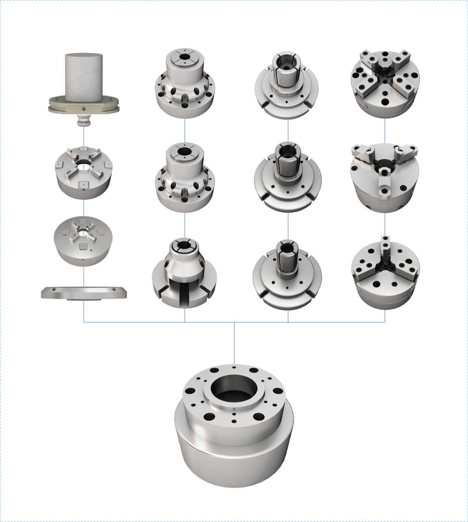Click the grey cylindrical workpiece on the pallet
(x=83, y=74)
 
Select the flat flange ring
(x=84, y=293)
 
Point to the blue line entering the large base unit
(x=234, y=343)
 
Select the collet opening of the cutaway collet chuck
(x=184, y=245)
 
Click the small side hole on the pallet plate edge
(x=83, y=108)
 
